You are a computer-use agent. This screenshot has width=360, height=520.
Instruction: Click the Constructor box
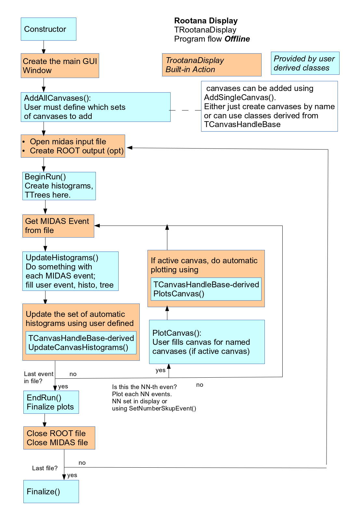point(48,29)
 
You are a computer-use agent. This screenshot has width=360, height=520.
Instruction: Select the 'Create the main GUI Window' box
point(60,66)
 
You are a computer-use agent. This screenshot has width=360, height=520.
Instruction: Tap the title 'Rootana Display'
point(206,21)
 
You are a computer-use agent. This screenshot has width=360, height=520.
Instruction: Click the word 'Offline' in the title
point(237,39)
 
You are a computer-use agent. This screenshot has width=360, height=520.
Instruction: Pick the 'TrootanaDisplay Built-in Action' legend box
point(212,65)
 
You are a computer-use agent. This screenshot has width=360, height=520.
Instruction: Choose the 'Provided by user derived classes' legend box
point(305,63)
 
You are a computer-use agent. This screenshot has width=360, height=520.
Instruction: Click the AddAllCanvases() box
point(96,107)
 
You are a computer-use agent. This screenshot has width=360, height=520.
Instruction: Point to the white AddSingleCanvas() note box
point(269,106)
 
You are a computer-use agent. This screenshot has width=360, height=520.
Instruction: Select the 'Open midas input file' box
point(73,146)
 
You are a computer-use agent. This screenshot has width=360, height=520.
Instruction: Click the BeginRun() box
point(59,186)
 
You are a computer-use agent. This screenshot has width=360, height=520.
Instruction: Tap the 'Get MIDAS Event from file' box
point(58,226)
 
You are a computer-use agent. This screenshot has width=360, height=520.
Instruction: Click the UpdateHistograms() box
point(70,271)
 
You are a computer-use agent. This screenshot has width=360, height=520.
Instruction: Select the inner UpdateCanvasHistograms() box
point(81,343)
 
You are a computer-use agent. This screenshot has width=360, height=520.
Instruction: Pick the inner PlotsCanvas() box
point(206,289)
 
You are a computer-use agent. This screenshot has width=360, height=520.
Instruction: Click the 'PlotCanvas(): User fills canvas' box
point(207,342)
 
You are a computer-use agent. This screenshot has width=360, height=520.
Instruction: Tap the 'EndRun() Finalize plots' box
point(51,402)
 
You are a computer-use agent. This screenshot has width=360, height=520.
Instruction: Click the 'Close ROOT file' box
point(59,438)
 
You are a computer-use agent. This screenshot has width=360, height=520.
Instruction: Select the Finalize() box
point(51,492)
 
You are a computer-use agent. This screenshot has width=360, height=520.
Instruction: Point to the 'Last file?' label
point(45,468)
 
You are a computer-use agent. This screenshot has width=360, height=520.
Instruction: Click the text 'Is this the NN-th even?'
point(144,387)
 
